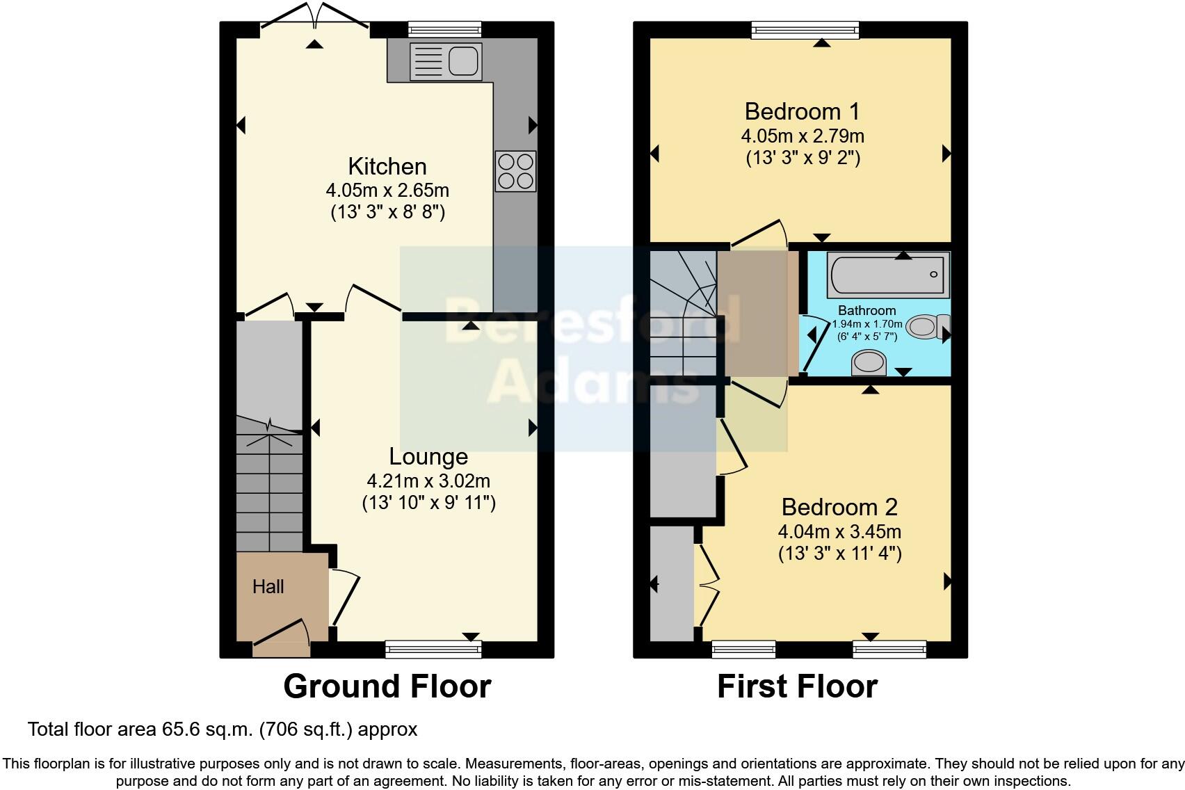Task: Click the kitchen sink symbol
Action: pyautogui.click(x=446, y=61)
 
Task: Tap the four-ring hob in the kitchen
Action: pyautogui.click(x=515, y=171)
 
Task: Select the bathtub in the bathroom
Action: pyautogui.click(x=888, y=275)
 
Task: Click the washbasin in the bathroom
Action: pyautogui.click(x=869, y=362)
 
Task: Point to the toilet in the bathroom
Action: pyautogui.click(x=927, y=326)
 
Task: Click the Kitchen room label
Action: pyautogui.click(x=387, y=167)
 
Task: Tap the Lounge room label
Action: pyautogui.click(x=428, y=457)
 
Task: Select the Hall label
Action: pyautogui.click(x=268, y=587)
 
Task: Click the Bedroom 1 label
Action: pyautogui.click(x=802, y=111)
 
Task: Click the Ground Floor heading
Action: pyautogui.click(x=387, y=686)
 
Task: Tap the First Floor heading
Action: pyautogui.click(x=797, y=686)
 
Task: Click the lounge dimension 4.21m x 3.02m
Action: pyautogui.click(x=428, y=481)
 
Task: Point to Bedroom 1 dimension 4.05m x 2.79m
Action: pyautogui.click(x=803, y=135)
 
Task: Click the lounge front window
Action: pyautogui.click(x=433, y=649)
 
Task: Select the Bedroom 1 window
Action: pyautogui.click(x=805, y=30)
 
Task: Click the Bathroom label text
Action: pyautogui.click(x=866, y=311)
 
